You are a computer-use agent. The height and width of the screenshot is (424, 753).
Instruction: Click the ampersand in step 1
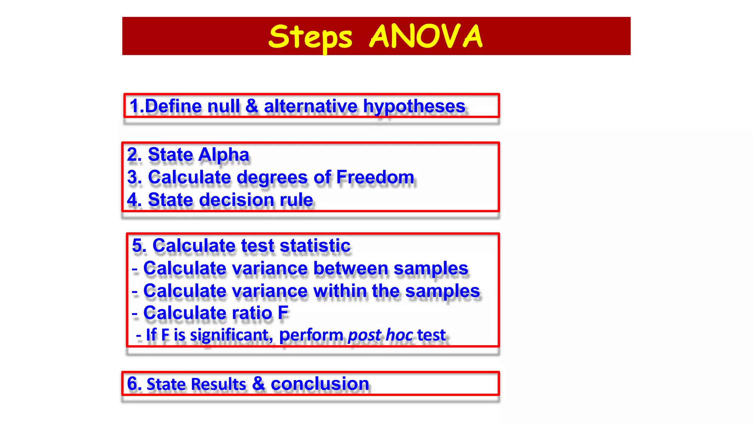[252, 106]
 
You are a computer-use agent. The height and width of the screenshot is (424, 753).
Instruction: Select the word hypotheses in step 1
[414, 107]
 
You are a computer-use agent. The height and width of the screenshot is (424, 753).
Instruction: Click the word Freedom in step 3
[375, 177]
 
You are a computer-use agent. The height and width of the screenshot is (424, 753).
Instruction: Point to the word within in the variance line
[340, 291]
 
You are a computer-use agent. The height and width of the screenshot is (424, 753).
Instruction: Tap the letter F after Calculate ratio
[283, 313]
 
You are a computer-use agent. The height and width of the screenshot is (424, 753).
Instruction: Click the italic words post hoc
[380, 335]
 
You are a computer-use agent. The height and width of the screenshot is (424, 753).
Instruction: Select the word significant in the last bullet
[231, 335]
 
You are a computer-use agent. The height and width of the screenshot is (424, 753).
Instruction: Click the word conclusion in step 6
[320, 384]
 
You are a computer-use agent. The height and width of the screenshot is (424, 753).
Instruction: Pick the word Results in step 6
[218, 384]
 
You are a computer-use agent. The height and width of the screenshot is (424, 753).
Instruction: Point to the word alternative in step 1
[310, 106]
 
